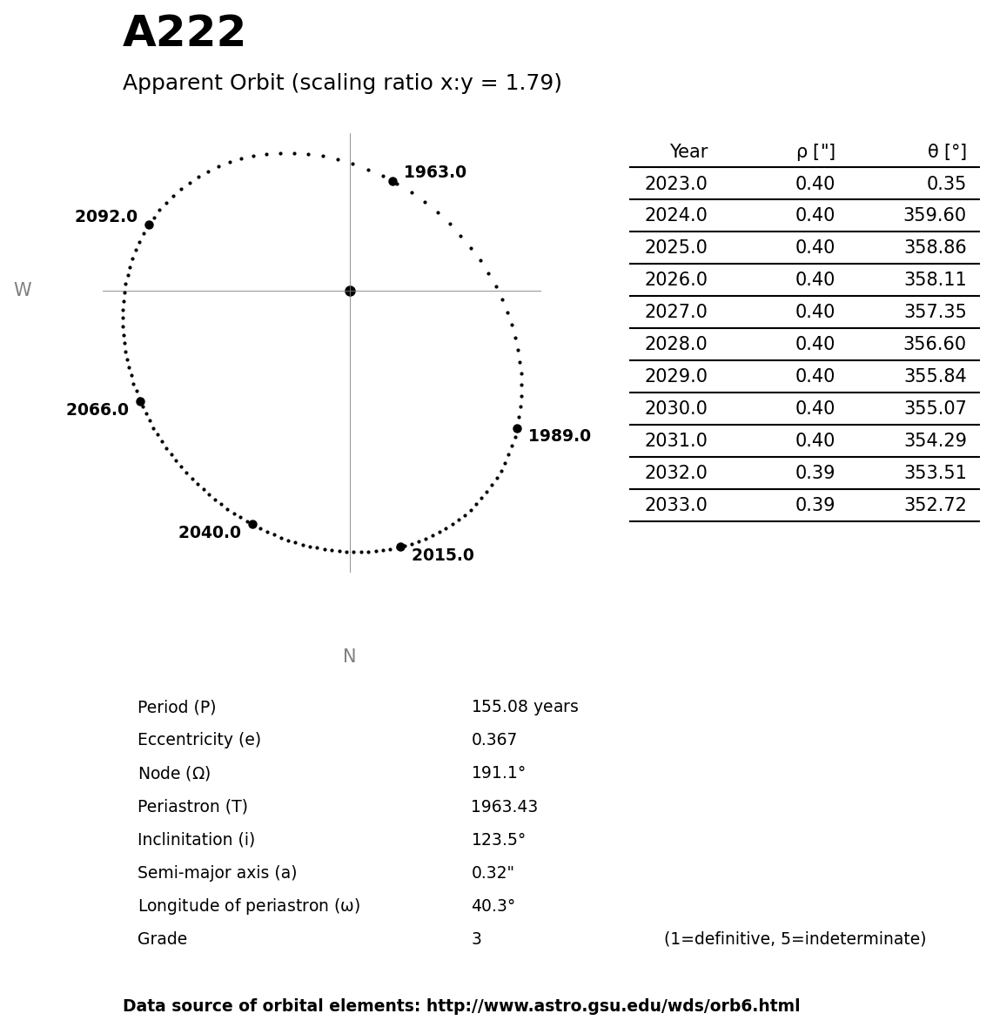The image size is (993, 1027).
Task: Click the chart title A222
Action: click(184, 33)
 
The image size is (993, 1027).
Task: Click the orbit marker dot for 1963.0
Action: click(393, 181)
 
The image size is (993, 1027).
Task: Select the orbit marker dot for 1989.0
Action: click(517, 428)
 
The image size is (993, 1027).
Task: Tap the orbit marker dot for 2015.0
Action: click(400, 547)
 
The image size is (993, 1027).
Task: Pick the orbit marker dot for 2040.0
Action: click(252, 524)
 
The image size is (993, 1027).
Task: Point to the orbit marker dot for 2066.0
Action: click(140, 401)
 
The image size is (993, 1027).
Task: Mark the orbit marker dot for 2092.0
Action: click(149, 225)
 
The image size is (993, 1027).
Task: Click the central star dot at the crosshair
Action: click(350, 291)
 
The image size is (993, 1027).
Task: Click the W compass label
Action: click(23, 291)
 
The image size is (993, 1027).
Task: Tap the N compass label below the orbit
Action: click(349, 656)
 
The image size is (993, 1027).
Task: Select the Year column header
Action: click(688, 151)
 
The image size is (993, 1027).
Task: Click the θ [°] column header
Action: click(946, 151)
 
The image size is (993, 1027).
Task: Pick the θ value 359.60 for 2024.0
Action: click(934, 216)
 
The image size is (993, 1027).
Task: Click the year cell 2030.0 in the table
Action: click(675, 409)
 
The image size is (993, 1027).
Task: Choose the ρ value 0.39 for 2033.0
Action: click(815, 506)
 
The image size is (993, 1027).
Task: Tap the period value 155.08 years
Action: click(524, 707)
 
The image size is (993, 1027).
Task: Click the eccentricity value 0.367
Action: click(493, 740)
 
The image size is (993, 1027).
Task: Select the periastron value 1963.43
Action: click(504, 807)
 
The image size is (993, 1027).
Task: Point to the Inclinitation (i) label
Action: click(196, 840)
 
